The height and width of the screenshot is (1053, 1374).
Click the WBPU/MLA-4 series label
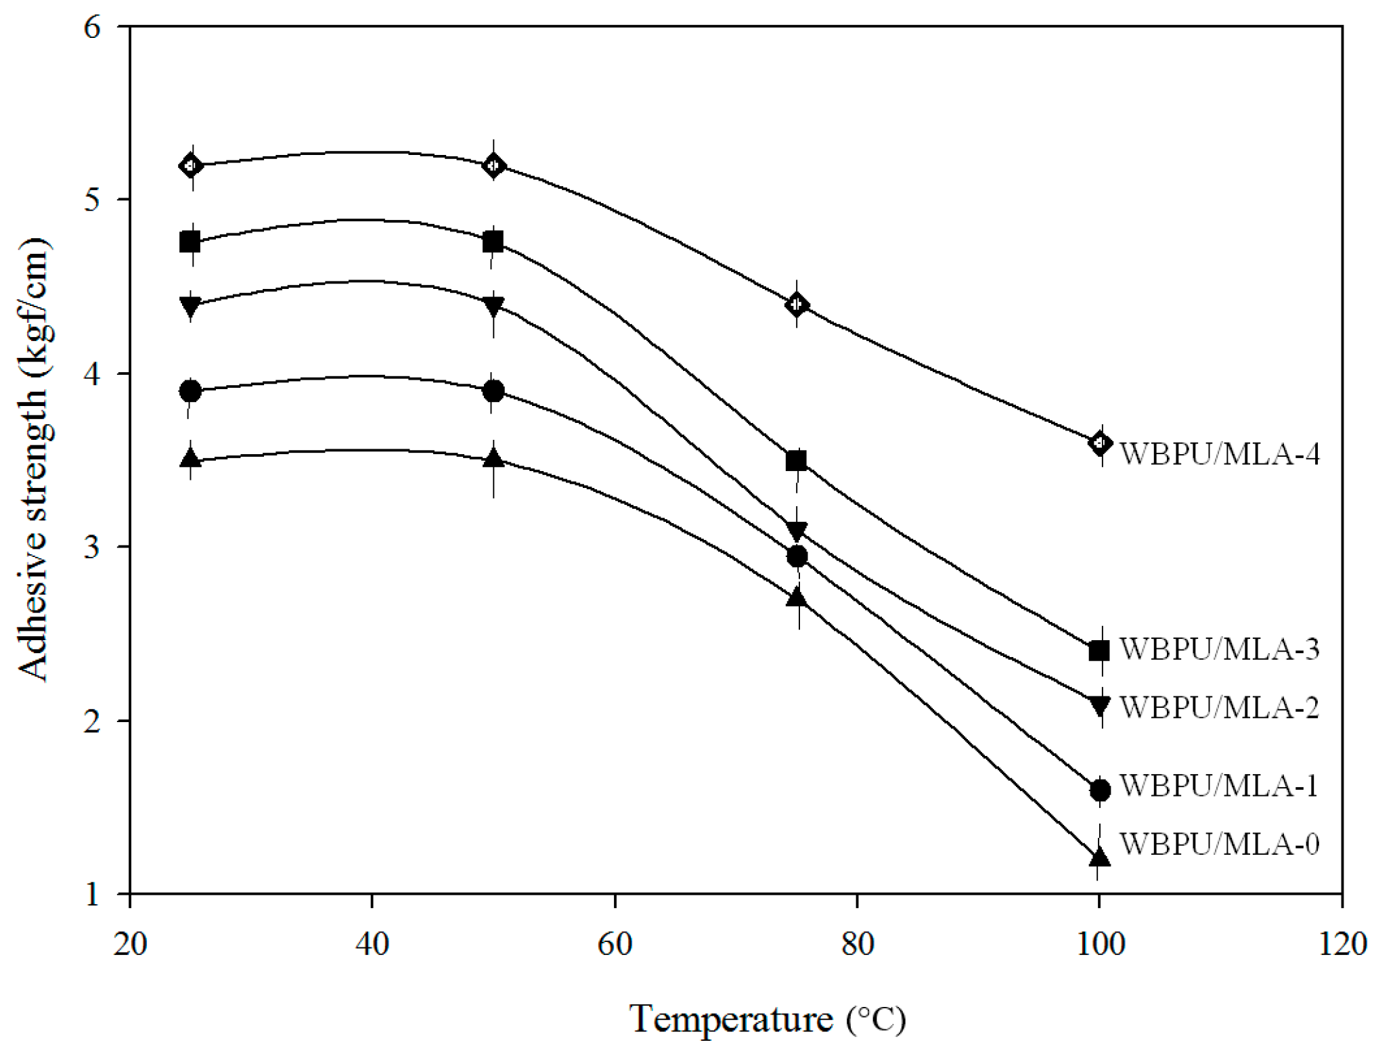(1219, 454)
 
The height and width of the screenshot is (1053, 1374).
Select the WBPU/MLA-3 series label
(1219, 649)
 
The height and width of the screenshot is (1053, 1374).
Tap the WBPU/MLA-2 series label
(1219, 708)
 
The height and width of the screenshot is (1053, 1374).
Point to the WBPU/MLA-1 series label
(1218, 786)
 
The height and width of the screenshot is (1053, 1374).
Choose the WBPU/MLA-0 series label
(1219, 844)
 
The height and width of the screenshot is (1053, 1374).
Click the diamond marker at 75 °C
(797, 305)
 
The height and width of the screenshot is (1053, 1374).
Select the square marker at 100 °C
(1099, 651)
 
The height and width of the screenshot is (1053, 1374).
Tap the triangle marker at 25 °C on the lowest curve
(191, 458)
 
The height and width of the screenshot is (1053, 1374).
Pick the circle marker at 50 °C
(493, 391)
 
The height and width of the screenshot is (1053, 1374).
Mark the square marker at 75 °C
(797, 462)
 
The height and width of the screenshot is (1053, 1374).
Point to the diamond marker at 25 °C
(191, 165)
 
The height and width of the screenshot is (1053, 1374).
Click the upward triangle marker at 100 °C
(1099, 857)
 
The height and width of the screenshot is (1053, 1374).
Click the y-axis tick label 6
(92, 27)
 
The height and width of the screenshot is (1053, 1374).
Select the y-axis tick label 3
(92, 547)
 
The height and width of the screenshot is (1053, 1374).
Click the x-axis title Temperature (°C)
(767, 1019)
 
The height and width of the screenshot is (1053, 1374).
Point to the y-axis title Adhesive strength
(34, 460)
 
